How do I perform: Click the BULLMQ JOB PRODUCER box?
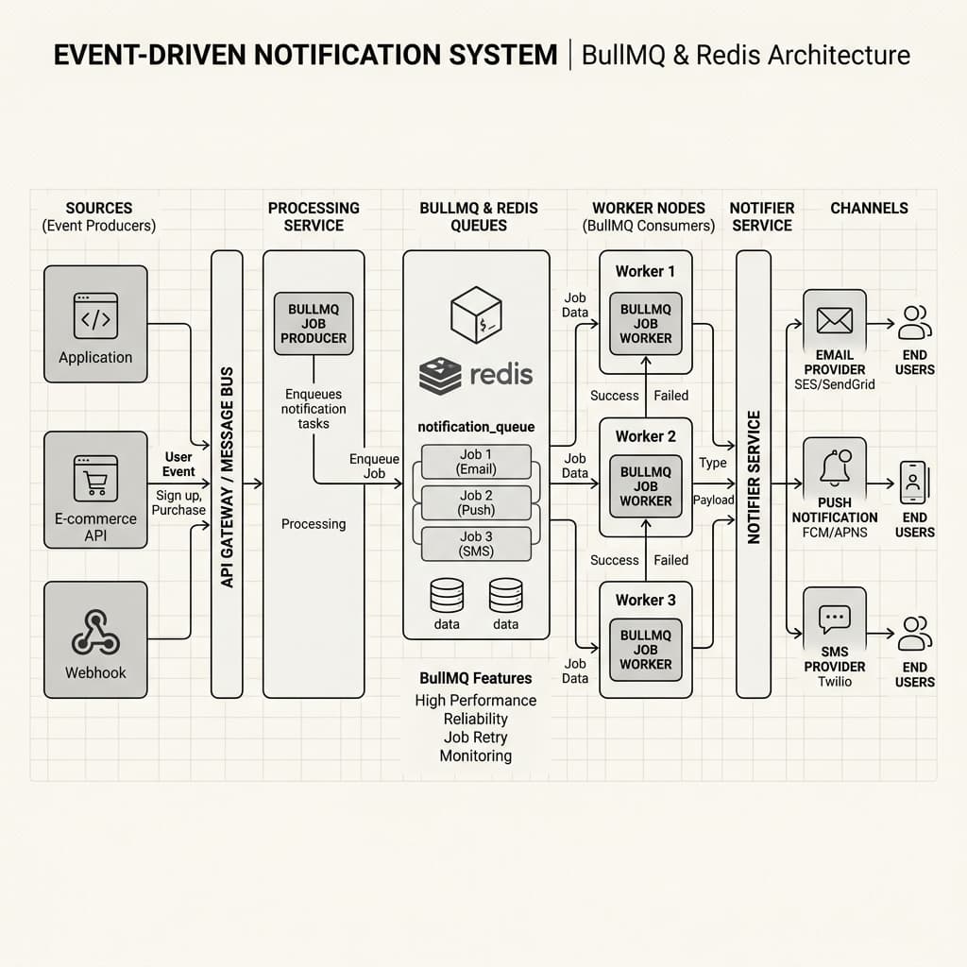point(314,324)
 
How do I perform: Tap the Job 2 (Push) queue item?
point(476,502)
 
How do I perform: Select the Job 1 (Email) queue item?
point(476,462)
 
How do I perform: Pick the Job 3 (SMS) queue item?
point(476,544)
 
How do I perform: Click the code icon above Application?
point(95,315)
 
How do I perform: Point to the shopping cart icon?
point(95,479)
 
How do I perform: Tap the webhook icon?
point(95,632)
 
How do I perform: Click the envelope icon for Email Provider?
point(835,321)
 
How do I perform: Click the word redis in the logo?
point(501,374)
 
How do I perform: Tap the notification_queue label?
point(476,427)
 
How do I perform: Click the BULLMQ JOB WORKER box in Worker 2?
point(646,486)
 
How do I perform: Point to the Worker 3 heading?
point(646,600)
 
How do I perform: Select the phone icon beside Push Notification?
point(914,483)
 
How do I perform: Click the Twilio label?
point(835,682)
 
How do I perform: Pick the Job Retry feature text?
point(476,738)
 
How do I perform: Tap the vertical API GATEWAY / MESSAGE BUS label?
point(227,477)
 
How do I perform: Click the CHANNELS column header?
point(869,208)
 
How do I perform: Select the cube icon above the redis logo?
point(476,315)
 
